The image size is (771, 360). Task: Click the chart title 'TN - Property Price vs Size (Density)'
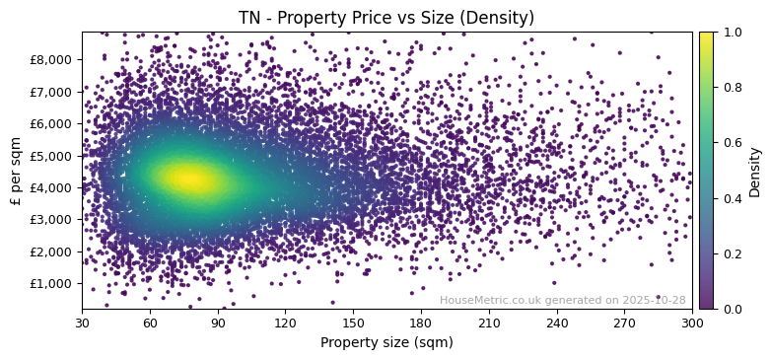click(386, 18)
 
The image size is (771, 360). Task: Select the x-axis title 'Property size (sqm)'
click(386, 342)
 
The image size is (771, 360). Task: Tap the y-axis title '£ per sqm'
click(15, 171)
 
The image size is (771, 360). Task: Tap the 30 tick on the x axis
click(82, 322)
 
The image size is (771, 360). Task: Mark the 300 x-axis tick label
click(692, 322)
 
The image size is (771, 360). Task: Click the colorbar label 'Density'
click(755, 171)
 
